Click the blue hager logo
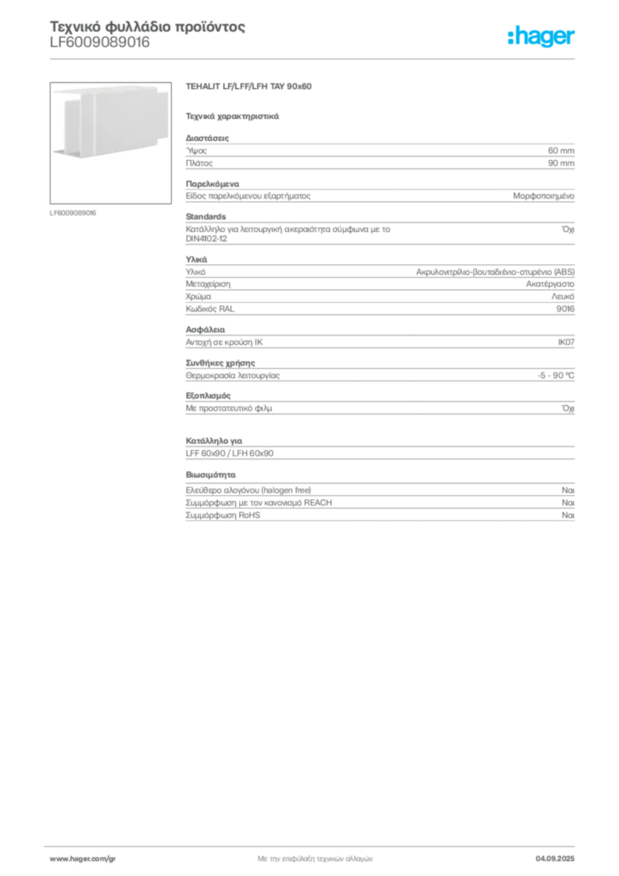click(x=542, y=38)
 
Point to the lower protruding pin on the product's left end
click(x=56, y=152)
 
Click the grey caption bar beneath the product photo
click(x=75, y=212)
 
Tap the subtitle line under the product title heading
click(x=233, y=115)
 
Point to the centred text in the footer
click(x=313, y=855)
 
